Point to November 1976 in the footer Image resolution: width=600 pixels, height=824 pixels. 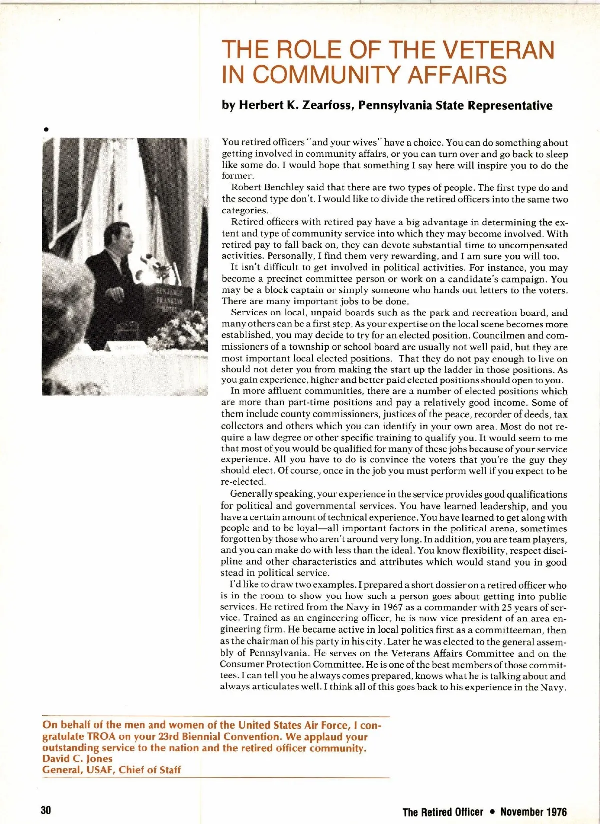tap(534, 812)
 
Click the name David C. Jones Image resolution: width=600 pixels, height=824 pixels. tap(77, 759)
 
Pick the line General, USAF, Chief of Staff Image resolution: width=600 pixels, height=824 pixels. tap(111, 770)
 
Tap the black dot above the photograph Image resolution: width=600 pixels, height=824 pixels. tap(46, 129)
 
